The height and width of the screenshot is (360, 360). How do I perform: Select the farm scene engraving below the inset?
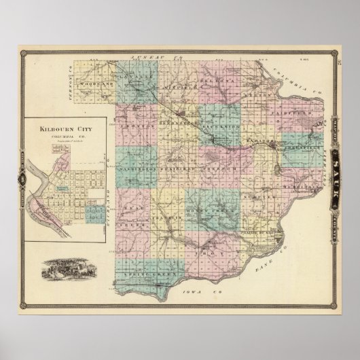click(68, 268)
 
